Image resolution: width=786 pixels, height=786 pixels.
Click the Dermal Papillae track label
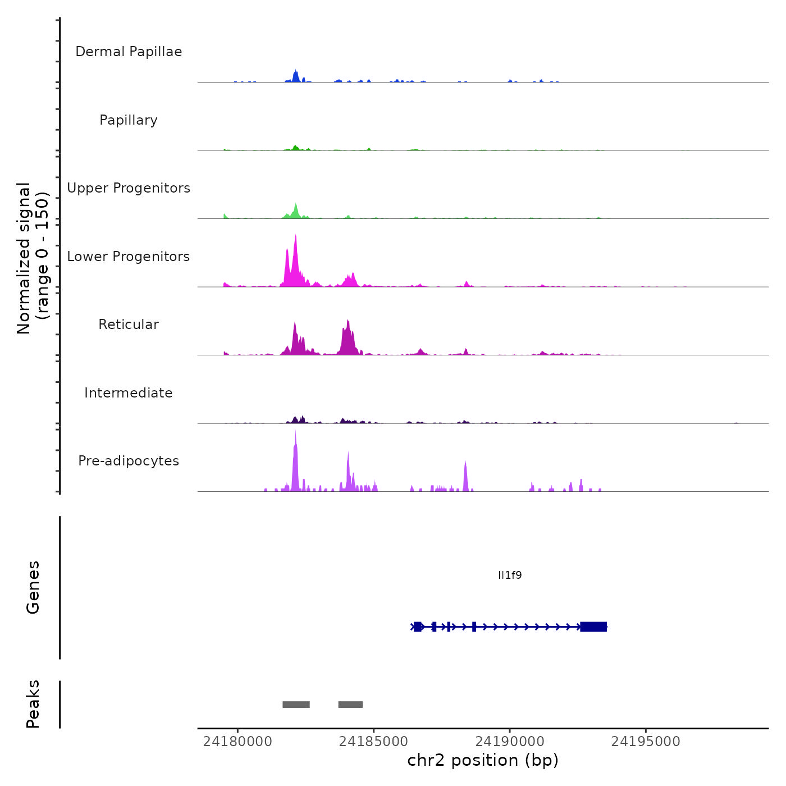click(129, 52)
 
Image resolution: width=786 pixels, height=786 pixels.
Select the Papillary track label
click(129, 120)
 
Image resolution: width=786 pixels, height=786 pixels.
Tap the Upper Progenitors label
click(129, 188)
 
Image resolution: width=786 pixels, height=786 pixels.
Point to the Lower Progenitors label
click(129, 257)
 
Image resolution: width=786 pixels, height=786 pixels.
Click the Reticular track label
click(129, 325)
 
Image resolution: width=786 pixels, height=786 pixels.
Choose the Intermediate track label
click(129, 393)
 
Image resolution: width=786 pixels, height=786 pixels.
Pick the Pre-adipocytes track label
click(129, 461)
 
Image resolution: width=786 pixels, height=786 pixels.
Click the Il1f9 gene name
click(510, 575)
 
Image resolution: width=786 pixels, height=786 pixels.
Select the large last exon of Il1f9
click(593, 627)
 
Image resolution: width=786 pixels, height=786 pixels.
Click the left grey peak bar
click(296, 705)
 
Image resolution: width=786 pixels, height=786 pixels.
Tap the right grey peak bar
click(350, 705)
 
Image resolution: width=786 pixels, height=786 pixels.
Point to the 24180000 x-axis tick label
click(237, 742)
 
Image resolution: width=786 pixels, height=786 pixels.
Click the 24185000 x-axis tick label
click(373, 742)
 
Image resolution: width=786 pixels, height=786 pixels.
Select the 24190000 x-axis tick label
click(510, 742)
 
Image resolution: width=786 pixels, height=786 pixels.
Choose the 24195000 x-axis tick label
click(646, 742)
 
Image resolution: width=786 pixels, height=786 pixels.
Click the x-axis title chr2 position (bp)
click(483, 760)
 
